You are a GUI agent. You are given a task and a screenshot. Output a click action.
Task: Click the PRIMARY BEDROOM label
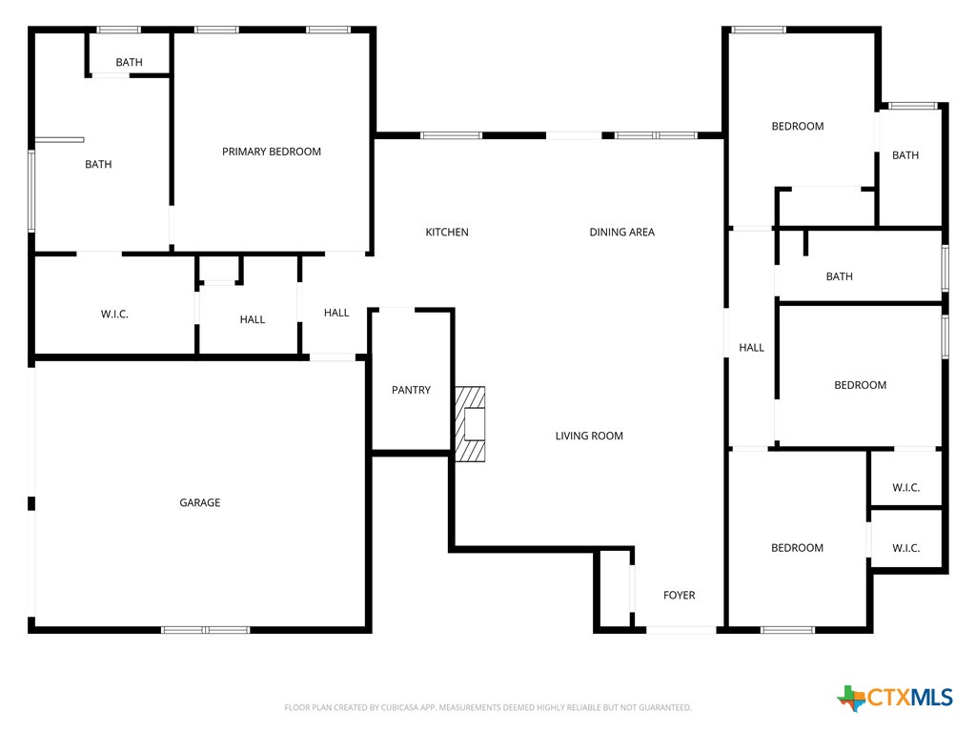[272, 152]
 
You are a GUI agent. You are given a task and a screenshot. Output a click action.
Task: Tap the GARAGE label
[200, 502]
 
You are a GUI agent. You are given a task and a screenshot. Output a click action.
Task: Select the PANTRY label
[411, 390]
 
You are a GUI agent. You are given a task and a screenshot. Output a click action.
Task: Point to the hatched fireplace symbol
[470, 423]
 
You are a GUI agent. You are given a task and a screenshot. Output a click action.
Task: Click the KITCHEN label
[447, 233]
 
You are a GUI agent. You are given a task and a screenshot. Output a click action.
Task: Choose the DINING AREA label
[621, 233]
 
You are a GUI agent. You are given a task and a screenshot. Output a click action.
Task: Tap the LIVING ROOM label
[589, 436]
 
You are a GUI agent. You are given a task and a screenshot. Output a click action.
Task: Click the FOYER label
[680, 595]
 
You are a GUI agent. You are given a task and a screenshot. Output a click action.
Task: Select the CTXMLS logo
[895, 699]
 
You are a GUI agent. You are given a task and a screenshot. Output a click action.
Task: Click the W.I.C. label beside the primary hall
[114, 315]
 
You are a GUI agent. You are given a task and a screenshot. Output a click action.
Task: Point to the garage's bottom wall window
[205, 629]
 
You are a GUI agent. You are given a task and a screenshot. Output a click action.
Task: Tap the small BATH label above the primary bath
[129, 63]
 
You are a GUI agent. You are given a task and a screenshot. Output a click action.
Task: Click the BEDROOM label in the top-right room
[798, 127]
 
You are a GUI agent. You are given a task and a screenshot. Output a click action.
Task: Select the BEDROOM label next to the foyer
[798, 548]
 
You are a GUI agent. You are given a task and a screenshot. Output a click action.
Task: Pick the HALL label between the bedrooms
[752, 348]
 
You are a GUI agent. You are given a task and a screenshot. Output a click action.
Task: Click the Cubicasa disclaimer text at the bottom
[487, 708]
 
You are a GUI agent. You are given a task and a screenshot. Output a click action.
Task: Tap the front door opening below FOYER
[681, 629]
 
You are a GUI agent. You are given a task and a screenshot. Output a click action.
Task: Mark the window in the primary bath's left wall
[31, 191]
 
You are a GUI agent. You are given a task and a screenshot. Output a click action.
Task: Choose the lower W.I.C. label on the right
[906, 548]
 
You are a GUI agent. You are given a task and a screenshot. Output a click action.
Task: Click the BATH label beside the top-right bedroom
[905, 155]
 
